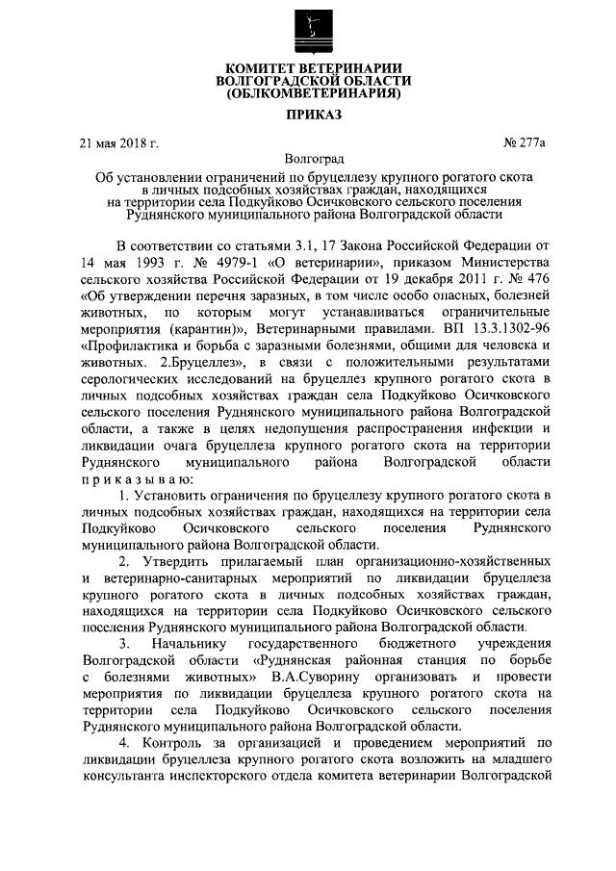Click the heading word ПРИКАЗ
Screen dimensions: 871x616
[307, 115]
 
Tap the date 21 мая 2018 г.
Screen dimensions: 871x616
[118, 143]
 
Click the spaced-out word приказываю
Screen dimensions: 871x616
[139, 478]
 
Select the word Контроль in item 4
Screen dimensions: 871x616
[175, 743]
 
